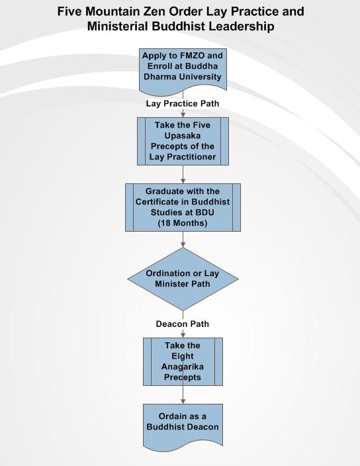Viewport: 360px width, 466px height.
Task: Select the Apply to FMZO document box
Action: point(183,72)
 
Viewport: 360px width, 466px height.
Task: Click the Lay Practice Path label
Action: point(183,103)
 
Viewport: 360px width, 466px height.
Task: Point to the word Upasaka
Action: point(183,136)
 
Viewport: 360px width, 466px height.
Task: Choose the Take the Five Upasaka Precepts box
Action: point(183,141)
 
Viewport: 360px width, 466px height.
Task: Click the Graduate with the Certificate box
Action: point(183,207)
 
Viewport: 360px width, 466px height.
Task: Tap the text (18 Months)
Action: point(183,223)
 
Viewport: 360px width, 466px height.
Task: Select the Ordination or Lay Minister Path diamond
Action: point(183,279)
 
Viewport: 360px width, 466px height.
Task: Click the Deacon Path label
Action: point(183,324)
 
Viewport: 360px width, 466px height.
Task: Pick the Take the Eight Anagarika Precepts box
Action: point(183,361)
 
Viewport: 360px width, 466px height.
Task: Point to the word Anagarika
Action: point(183,367)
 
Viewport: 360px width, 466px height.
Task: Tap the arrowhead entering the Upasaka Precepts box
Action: point(183,114)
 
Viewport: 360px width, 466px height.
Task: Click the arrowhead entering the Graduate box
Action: point(183,181)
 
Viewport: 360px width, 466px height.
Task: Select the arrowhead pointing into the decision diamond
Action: point(183,244)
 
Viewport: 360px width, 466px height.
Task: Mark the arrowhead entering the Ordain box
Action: point(183,400)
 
